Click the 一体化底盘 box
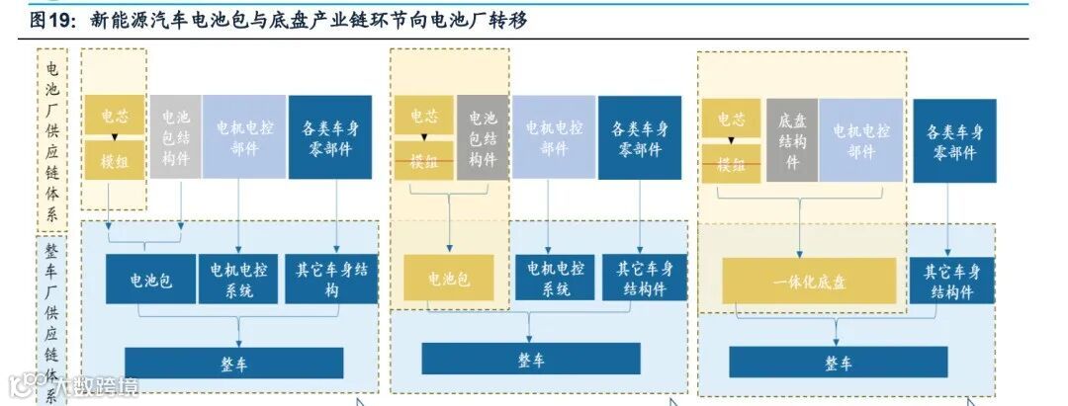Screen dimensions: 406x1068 coord(809,281)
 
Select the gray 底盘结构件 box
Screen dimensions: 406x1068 coord(791,139)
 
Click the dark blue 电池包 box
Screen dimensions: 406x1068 coord(151,280)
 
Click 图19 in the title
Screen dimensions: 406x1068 coord(52,20)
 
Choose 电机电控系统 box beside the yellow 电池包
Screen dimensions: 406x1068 coord(556,279)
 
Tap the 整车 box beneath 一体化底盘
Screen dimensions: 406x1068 coord(839,362)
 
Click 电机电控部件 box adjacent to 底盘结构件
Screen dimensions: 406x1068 coord(860,139)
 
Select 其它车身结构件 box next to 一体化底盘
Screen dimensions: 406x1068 coord(951,281)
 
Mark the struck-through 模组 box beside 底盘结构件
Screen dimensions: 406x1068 coord(732,163)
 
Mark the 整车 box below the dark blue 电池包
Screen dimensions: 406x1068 coord(233,363)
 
